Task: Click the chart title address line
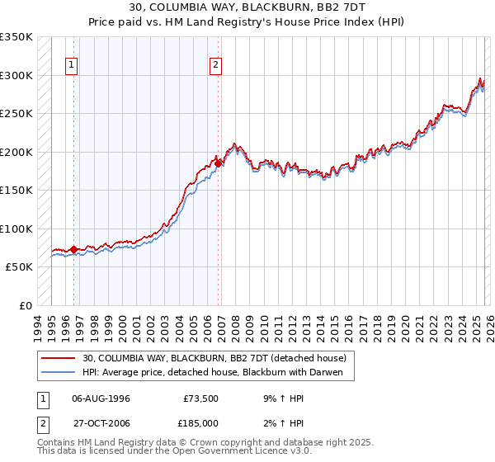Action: (247, 7)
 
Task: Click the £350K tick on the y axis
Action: (16, 37)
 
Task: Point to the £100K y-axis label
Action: (16, 229)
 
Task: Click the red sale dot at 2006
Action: (218, 163)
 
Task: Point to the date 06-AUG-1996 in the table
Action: (101, 398)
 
